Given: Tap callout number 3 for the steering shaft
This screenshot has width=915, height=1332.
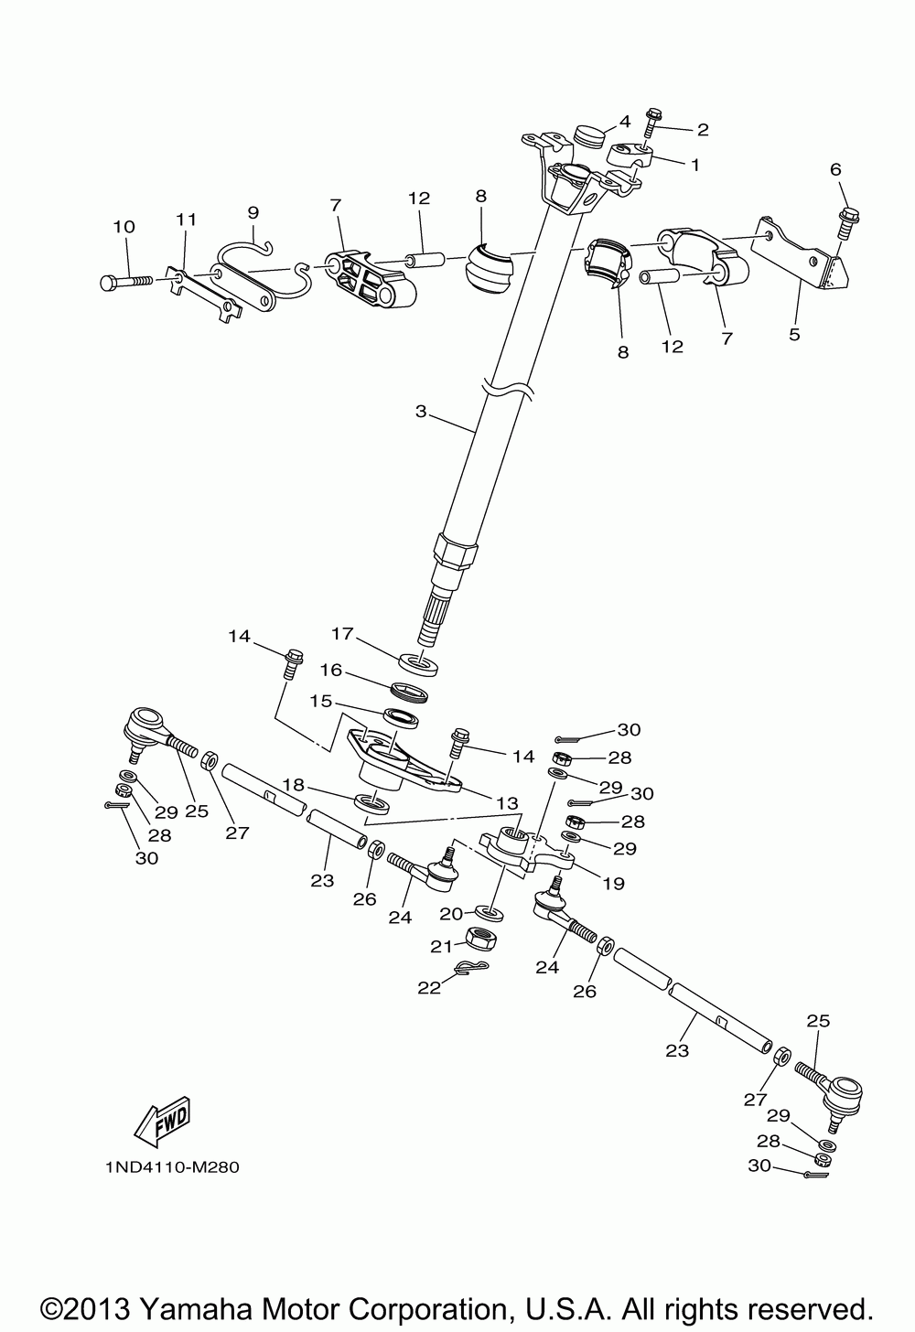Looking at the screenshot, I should pos(421,412).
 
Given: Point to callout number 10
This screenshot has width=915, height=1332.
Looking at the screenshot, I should pos(123,227).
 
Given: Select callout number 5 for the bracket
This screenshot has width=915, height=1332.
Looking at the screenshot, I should pos(794,335).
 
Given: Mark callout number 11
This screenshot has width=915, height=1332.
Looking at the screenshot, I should pos(187,220).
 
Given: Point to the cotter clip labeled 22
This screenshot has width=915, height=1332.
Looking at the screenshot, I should pos(470,968).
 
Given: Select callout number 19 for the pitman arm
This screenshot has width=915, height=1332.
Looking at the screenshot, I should pos(612,883).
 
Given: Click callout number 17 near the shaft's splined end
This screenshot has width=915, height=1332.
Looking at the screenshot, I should pos(342,632).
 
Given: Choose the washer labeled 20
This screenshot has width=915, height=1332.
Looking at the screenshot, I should pos(490,912).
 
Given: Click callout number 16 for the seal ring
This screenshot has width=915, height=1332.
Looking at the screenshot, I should pos(330,671).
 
